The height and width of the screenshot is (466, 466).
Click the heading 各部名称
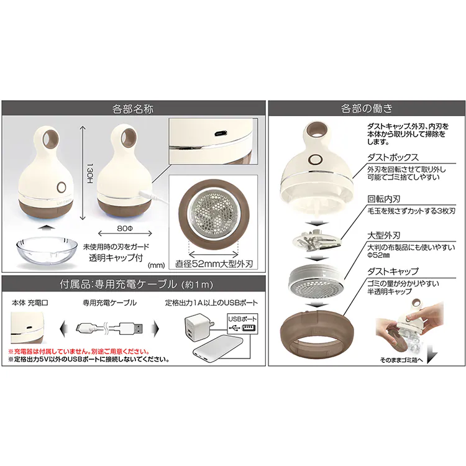tap(133, 108)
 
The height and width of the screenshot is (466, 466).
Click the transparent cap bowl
tap(43, 250)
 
